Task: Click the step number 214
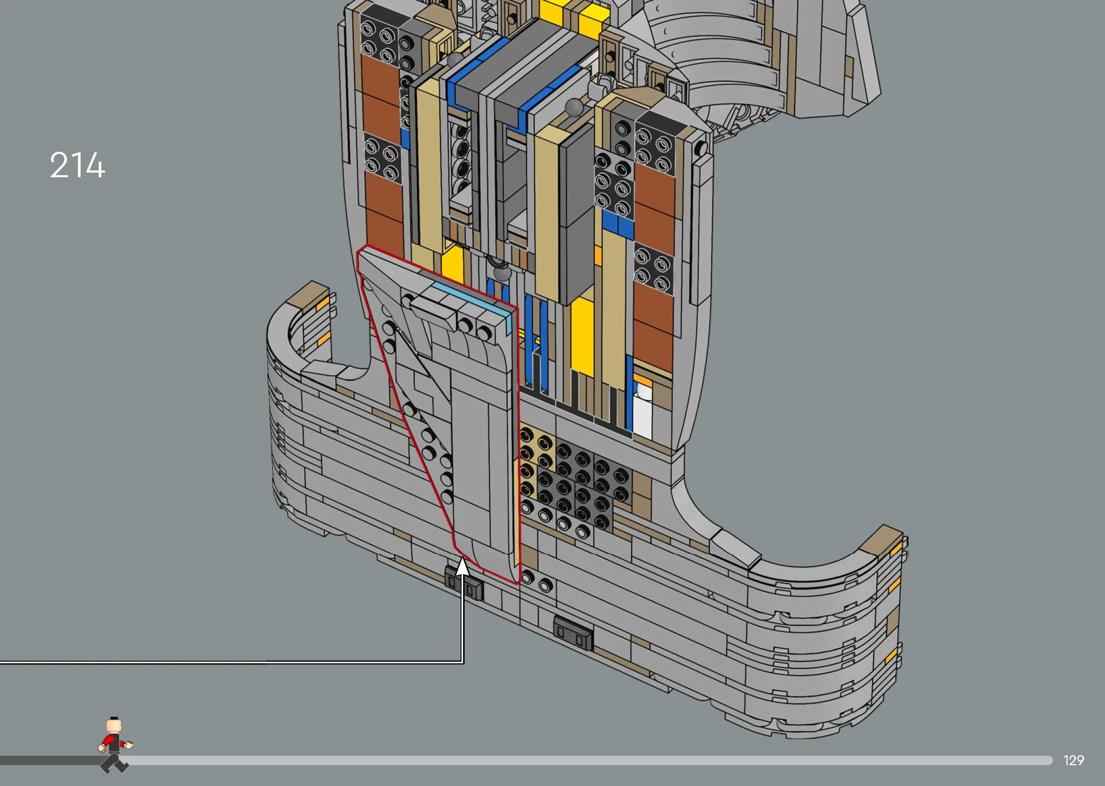(77, 165)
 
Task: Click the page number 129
(1074, 761)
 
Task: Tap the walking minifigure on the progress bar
(115, 744)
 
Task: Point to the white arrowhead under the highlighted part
(462, 566)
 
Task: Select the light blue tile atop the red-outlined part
(470, 296)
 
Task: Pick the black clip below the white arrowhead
(464, 584)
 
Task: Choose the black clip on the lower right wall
(573, 633)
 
